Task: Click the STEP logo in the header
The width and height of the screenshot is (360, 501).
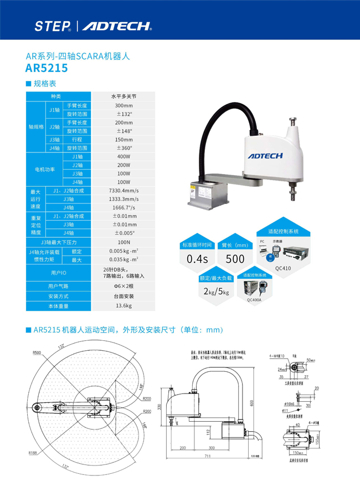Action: click(x=52, y=25)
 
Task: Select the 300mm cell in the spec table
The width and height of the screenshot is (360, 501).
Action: click(x=124, y=105)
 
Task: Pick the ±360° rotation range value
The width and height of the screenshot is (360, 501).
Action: click(x=124, y=148)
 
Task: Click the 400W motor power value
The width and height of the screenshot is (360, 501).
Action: click(x=124, y=157)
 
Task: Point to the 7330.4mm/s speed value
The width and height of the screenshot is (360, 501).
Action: click(x=124, y=191)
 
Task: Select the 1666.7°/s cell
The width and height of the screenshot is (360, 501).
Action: click(x=124, y=207)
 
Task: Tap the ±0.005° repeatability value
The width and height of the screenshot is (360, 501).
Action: click(x=124, y=233)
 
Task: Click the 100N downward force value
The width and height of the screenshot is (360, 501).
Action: click(x=124, y=242)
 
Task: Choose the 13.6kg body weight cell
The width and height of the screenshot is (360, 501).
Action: click(x=124, y=305)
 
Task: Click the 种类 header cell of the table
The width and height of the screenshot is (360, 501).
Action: click(x=56, y=96)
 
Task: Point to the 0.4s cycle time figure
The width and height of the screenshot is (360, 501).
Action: click(x=197, y=259)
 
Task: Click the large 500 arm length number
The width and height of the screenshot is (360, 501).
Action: click(x=235, y=259)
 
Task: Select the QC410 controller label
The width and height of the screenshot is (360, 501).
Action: click(x=282, y=268)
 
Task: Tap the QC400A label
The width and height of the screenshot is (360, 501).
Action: click(x=254, y=299)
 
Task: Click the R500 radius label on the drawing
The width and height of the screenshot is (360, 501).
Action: click(x=37, y=352)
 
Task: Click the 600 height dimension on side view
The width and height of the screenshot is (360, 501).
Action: click(x=253, y=403)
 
